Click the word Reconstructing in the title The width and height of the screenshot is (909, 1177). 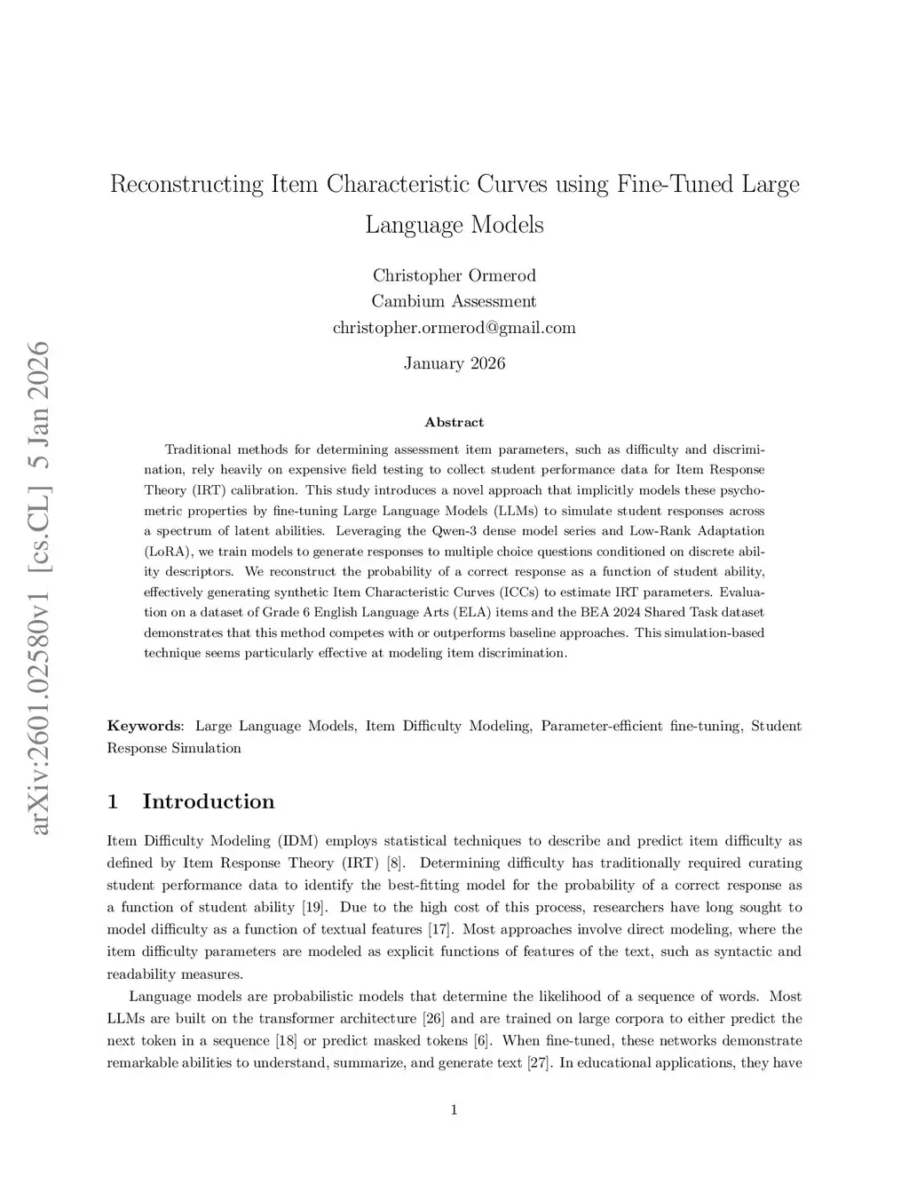pos(186,185)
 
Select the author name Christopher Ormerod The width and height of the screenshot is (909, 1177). pos(454,275)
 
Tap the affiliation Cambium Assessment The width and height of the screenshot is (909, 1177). pos(454,301)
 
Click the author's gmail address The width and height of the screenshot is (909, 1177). pos(454,328)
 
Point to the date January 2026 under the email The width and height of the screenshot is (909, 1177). pos(454,363)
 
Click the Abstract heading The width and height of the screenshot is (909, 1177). pos(454,422)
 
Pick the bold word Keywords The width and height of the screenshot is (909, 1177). pos(145,727)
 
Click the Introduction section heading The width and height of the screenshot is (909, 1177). pos(208,802)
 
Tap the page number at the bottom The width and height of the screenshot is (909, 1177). pos(454,1109)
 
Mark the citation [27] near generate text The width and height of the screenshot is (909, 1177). pos(539,1063)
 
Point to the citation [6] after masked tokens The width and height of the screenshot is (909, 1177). pos(484,1041)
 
